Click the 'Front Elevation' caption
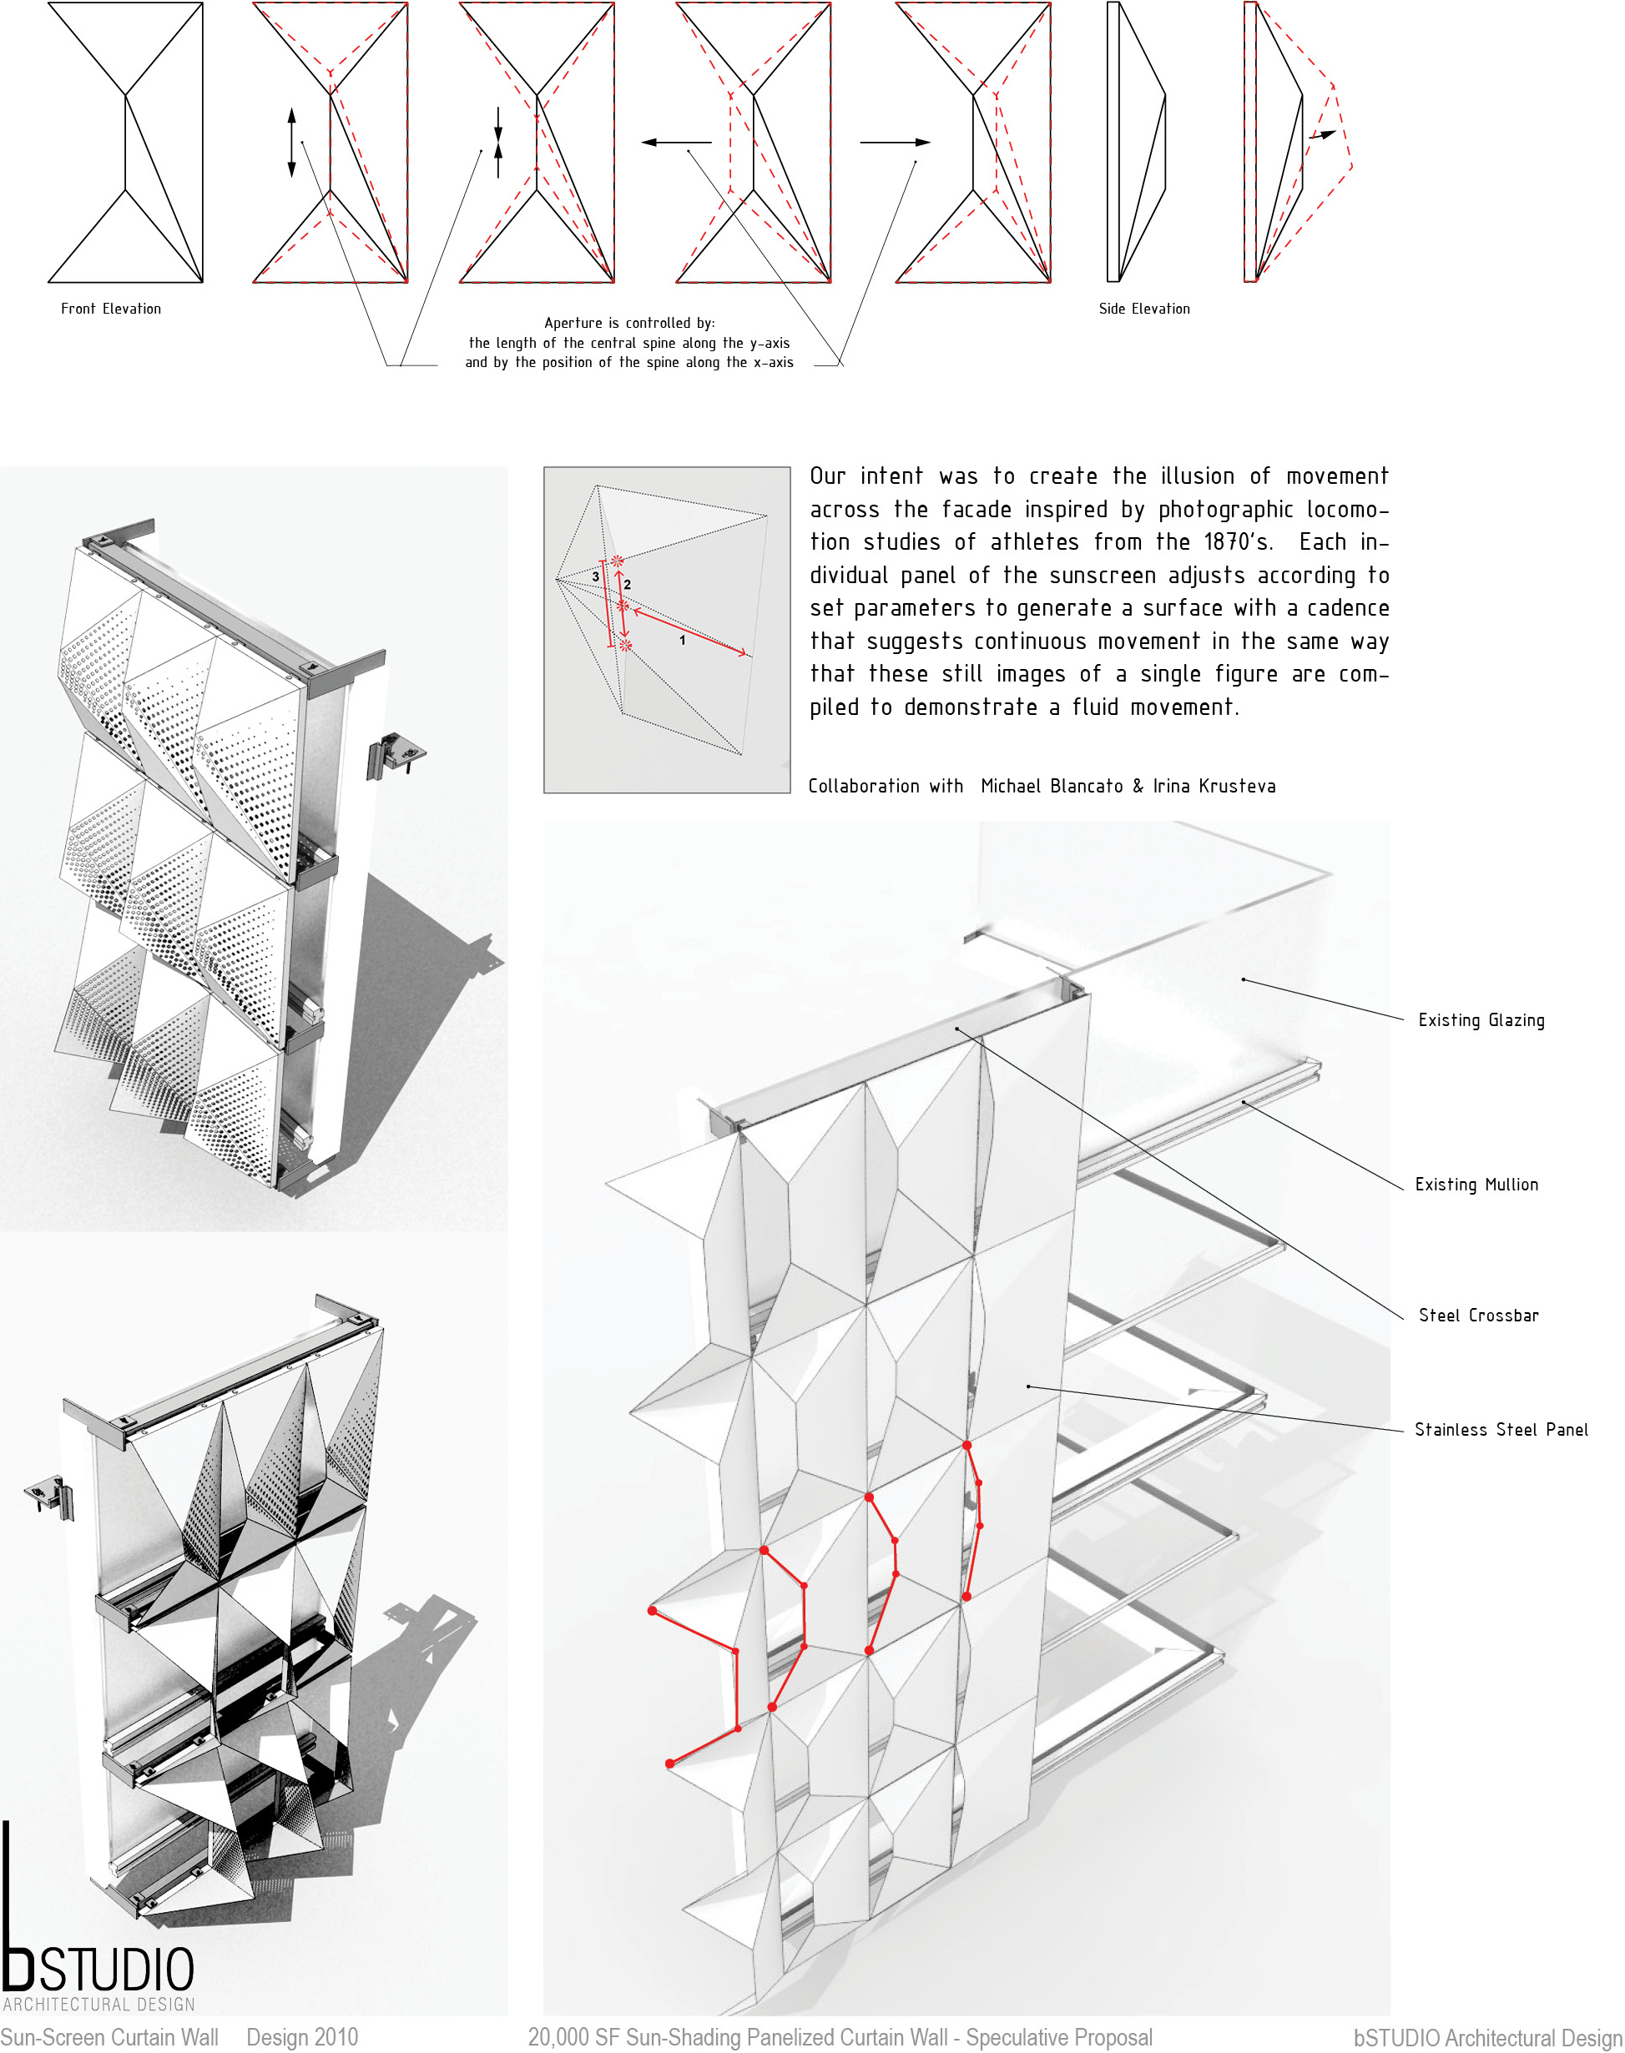click(x=110, y=309)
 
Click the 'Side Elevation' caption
click(x=1143, y=309)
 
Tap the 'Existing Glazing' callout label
click(x=1481, y=1020)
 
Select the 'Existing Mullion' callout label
click(x=1476, y=1185)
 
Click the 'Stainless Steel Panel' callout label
click(x=1501, y=1430)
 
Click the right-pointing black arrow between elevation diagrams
click(x=895, y=143)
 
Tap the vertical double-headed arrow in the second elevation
click(x=291, y=143)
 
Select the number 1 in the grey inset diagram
click(x=682, y=641)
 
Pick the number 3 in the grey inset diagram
click(x=596, y=577)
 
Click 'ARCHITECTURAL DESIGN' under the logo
click(x=99, y=2005)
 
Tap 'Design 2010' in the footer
click(x=301, y=2037)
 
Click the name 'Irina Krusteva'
click(x=1214, y=787)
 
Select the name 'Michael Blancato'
click(x=1052, y=787)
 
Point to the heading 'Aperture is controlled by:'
click(x=628, y=324)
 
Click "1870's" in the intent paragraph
click(x=1238, y=542)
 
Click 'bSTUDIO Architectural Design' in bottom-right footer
click(x=1487, y=2038)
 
